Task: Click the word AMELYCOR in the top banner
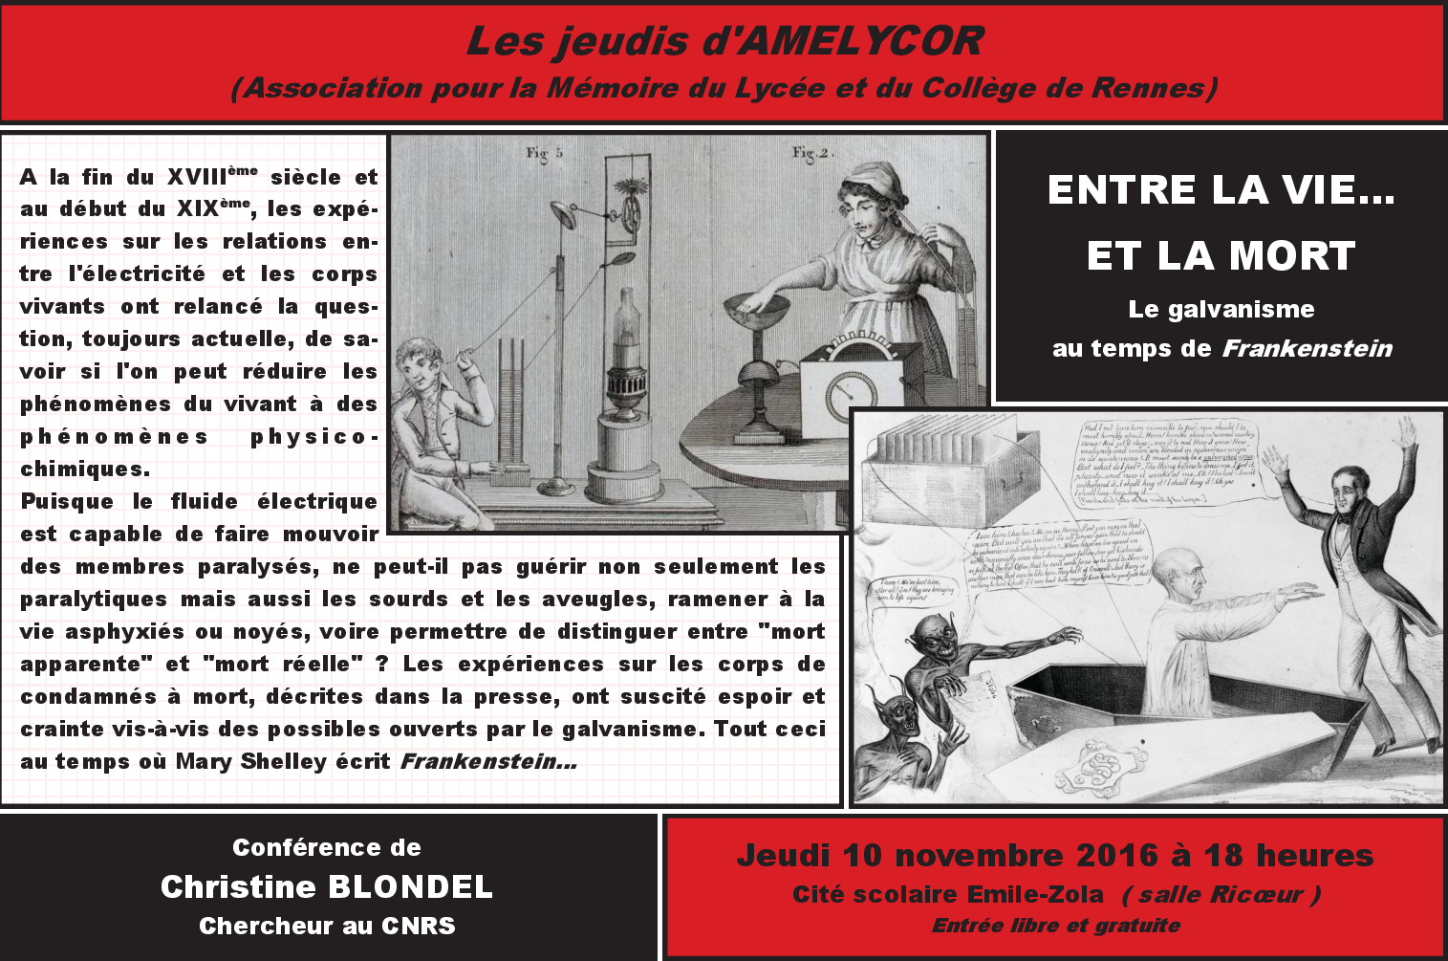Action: [862, 41]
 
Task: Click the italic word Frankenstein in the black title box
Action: [1307, 348]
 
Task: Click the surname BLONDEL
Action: [414, 886]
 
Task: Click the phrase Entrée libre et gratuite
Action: [1055, 926]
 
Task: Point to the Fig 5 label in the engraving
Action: [545, 152]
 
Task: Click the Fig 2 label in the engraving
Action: [812, 152]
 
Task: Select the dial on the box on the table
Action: [851, 391]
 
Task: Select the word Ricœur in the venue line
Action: [1254, 895]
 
